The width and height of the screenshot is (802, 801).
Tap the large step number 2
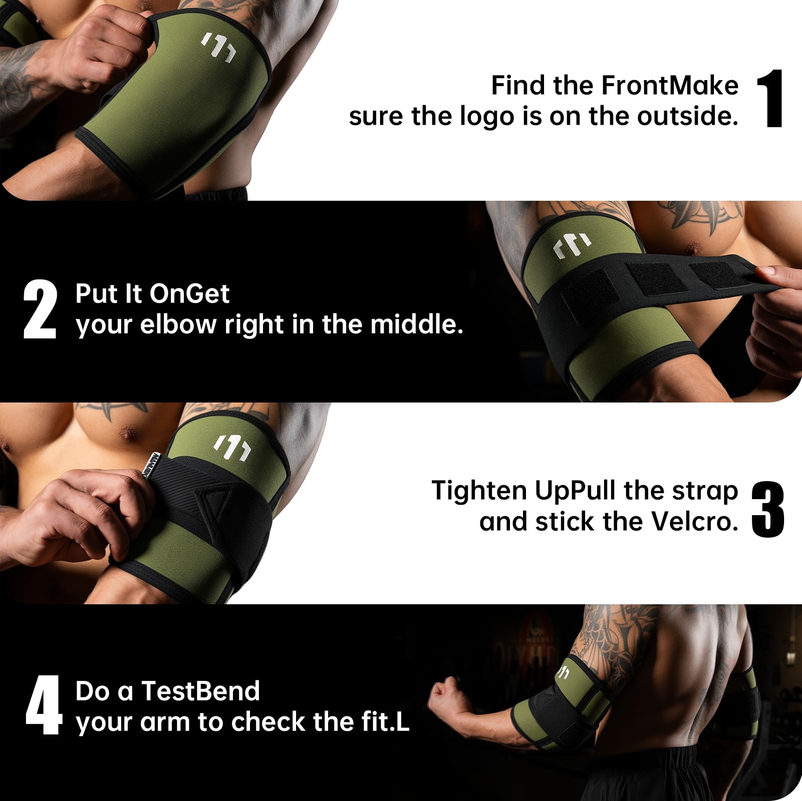pyautogui.click(x=40, y=309)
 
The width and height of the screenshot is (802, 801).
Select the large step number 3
pyautogui.click(x=767, y=509)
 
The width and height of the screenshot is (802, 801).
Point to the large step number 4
pyautogui.click(x=44, y=705)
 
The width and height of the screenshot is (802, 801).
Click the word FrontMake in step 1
pyautogui.click(x=670, y=85)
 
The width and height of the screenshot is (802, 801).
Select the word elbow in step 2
pyautogui.click(x=177, y=324)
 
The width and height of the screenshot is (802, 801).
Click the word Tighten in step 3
pyautogui.click(x=480, y=491)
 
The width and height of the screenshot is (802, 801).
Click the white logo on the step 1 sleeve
pyautogui.click(x=218, y=47)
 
